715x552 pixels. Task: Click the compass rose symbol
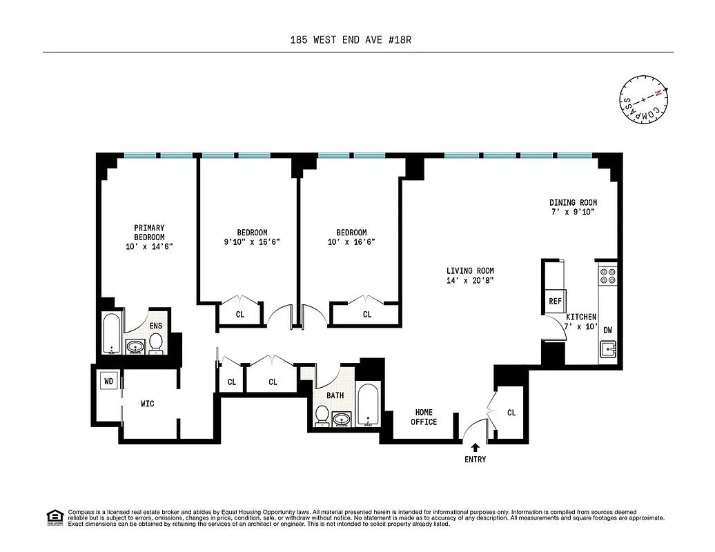point(645,99)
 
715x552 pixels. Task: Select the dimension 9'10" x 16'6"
point(252,242)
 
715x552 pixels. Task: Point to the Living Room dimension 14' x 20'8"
point(470,280)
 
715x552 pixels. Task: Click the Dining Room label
point(573,202)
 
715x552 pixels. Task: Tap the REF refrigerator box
point(555,302)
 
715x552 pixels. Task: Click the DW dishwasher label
point(607,330)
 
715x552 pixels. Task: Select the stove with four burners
point(607,276)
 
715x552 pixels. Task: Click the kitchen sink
point(607,351)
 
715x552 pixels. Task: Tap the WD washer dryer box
point(108,380)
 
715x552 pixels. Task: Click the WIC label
point(147,404)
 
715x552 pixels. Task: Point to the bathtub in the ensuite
point(112,334)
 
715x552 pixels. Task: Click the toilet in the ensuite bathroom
point(156,342)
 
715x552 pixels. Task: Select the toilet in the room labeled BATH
point(322,415)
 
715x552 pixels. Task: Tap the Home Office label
point(424,417)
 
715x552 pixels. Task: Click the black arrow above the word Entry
point(475,448)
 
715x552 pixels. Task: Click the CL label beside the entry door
point(511,413)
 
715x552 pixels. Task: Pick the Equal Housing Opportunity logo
point(53,516)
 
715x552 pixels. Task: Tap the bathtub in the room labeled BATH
point(368,404)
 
